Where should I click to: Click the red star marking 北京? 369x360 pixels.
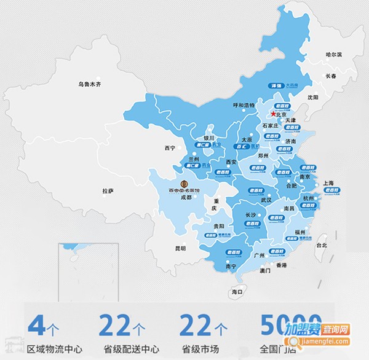point(272,114)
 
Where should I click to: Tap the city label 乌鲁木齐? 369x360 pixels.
point(89,84)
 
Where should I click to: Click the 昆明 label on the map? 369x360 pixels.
point(180,249)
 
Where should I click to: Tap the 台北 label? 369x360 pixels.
point(321,245)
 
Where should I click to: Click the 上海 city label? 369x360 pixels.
point(328,183)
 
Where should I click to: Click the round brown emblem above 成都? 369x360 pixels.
point(183,183)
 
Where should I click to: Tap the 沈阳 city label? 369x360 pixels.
point(313,97)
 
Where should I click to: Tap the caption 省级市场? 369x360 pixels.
point(198,349)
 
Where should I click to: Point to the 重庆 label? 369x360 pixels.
point(215,205)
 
